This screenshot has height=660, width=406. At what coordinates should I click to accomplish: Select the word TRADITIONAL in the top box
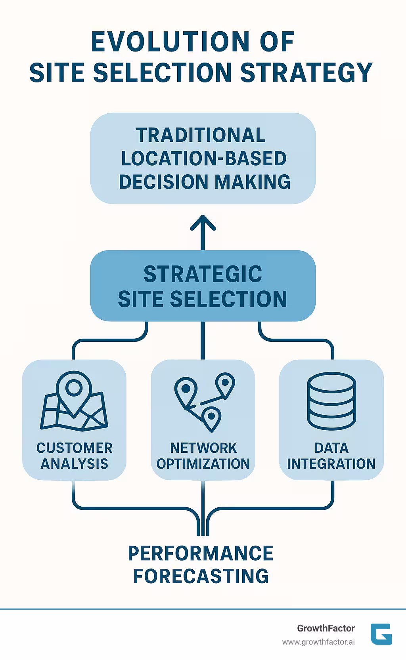point(201,135)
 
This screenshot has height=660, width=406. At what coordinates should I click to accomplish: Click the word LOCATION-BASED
point(203,158)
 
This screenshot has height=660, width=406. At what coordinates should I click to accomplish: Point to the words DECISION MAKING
point(205,182)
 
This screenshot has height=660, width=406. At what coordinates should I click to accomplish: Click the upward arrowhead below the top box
point(203,223)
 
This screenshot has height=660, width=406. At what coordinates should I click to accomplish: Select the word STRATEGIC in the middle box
point(203,274)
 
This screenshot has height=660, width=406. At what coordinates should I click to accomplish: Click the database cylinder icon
point(331,401)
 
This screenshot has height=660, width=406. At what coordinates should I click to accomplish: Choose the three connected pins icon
point(203,401)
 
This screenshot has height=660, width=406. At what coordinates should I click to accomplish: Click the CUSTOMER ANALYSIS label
point(74,456)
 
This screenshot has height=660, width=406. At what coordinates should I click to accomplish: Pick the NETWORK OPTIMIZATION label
point(203,456)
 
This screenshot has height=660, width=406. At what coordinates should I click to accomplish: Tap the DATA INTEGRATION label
point(331,456)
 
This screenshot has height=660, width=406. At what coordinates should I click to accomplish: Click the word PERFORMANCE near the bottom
point(200,553)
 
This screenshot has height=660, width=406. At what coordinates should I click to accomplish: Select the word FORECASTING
point(201,576)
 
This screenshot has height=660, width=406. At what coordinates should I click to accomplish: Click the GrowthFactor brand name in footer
point(326,628)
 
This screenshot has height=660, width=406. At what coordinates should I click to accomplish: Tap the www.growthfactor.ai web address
point(318,642)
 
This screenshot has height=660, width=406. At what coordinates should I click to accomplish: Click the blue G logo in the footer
point(381,634)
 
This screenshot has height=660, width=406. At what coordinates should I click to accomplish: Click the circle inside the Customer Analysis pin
point(74,387)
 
